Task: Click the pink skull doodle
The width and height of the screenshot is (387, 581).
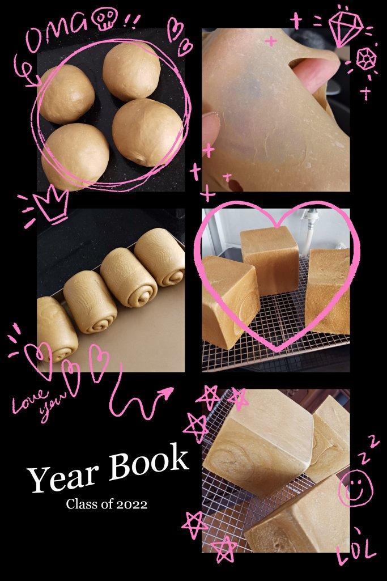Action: (105, 18)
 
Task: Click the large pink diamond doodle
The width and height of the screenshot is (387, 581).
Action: (346, 27)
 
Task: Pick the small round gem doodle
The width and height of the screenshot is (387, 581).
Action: (367, 60)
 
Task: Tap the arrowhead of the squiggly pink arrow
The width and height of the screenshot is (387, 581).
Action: (167, 393)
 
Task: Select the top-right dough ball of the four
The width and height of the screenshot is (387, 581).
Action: (131, 70)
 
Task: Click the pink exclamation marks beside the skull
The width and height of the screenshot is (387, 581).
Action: (131, 20)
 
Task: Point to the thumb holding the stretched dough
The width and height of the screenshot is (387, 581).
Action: (211, 128)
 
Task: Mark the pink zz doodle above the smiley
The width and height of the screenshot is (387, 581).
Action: (367, 449)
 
